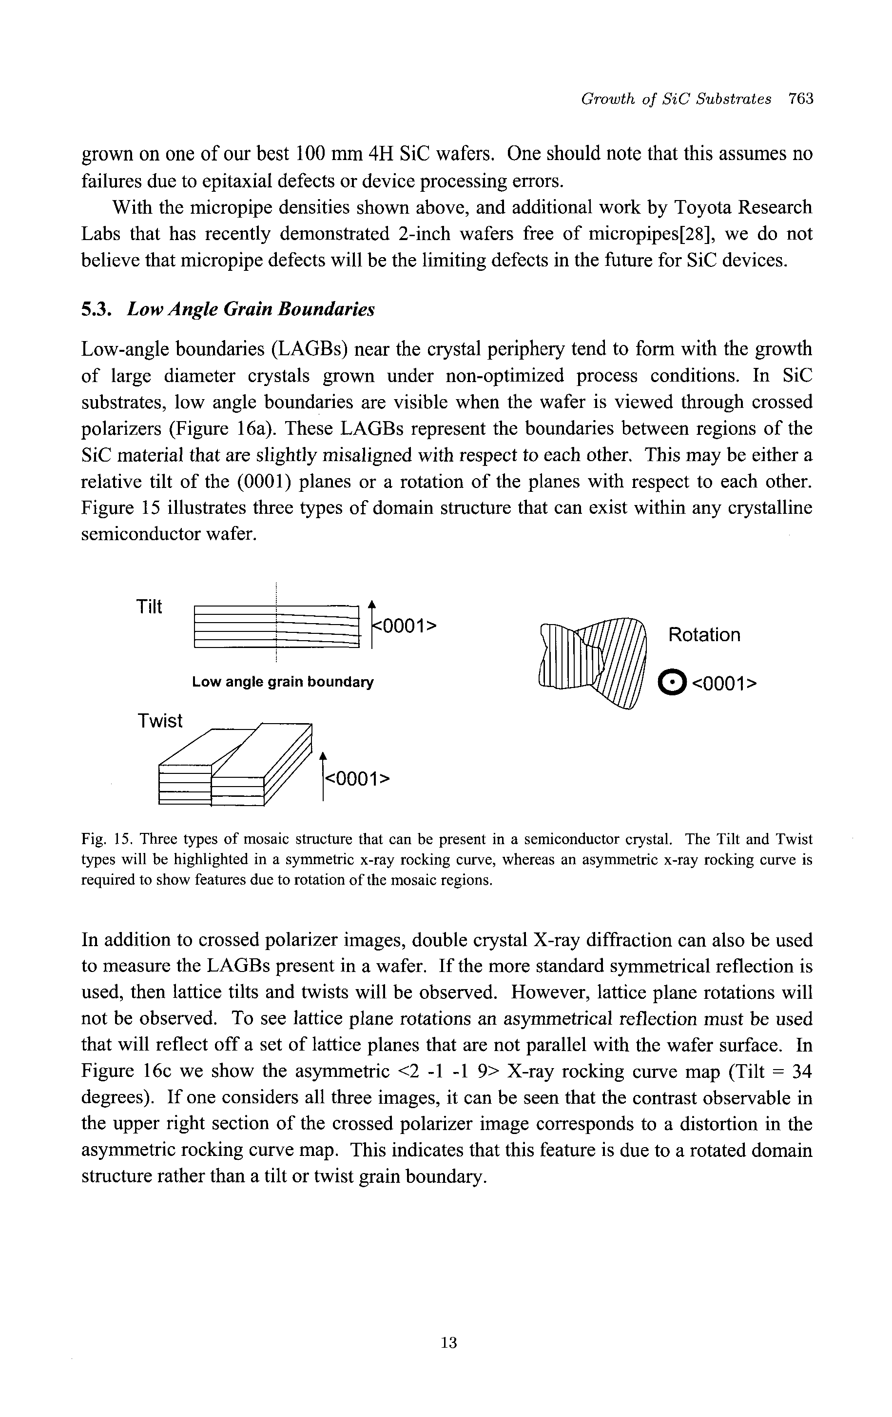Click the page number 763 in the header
point(800,99)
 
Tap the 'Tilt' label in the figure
point(149,607)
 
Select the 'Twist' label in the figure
point(160,720)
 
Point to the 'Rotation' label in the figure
point(704,635)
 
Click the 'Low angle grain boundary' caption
point(282,682)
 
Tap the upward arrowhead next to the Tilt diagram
point(371,604)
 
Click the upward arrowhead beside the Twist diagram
point(323,756)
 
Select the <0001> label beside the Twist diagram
point(357,779)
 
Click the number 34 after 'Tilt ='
point(801,1072)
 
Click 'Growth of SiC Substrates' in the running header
point(676,99)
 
